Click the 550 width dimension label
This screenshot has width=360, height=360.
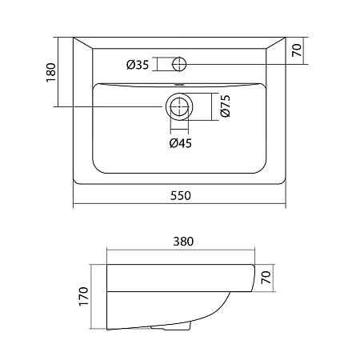pos(181,196)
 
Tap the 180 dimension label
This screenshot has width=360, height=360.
pos(51,73)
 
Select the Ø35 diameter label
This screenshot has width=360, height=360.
pos(138,65)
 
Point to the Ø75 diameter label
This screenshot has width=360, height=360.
pos(226,106)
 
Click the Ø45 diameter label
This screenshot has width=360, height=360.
pos(181,143)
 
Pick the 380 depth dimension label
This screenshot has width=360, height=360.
pos(183,242)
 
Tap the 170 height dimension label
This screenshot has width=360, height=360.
pos(84,296)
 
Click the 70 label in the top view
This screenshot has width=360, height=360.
pos(297,50)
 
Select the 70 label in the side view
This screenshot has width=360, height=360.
pos(266,278)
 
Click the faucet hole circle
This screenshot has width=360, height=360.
pos(179,58)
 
